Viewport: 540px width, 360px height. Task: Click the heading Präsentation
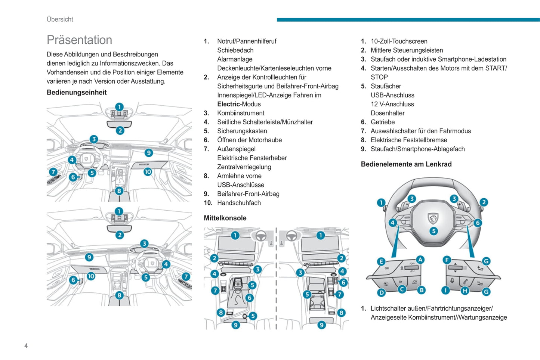tap(79, 40)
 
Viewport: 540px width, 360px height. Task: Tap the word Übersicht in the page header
tap(60, 19)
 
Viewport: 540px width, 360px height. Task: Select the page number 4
tap(26, 346)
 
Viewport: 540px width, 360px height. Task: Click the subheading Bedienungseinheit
tap(77, 93)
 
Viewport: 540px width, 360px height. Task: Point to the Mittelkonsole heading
tap(225, 218)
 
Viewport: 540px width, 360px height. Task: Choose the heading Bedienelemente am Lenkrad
tap(406, 164)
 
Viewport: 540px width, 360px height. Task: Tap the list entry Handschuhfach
tap(239, 203)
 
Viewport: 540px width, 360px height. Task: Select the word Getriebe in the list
tap(383, 122)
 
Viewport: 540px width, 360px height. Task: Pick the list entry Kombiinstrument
tap(241, 113)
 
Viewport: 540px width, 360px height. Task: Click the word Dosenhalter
tap(388, 113)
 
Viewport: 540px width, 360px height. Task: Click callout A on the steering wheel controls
tap(420, 260)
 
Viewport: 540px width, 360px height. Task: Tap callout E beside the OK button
tap(381, 261)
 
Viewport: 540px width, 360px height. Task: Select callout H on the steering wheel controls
tap(465, 291)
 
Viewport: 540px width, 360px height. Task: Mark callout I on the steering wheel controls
tap(445, 291)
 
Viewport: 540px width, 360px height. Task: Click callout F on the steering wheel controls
tap(447, 260)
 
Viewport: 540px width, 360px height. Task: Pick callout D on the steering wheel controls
tap(381, 292)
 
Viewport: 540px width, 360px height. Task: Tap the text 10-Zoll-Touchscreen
tap(399, 41)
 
